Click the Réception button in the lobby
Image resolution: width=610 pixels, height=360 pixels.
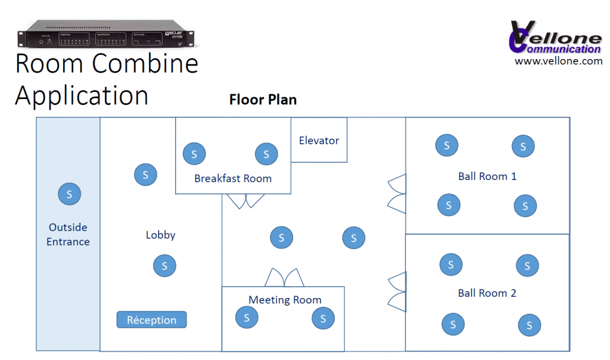pos(151,320)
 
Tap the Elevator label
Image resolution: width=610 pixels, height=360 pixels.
pos(319,141)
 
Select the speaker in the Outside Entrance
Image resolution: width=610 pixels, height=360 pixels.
pos(69,194)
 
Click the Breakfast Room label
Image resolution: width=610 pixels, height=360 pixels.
pos(233,178)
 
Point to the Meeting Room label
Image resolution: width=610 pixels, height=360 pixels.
pos(285,300)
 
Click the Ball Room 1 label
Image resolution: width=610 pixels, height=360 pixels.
pos(487,176)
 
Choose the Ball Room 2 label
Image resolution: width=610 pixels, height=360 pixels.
pos(487,293)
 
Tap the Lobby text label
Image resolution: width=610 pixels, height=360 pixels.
pos(160,235)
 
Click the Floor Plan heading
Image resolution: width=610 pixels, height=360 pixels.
pos(263,100)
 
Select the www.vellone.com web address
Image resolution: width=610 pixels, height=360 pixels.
pos(558,61)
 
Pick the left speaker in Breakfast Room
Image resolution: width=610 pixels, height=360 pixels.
pos(194,154)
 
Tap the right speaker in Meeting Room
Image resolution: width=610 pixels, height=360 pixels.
pos(323,318)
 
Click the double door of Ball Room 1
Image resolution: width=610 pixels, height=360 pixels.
pos(397,193)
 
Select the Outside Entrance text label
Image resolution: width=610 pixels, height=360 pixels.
pos(68,234)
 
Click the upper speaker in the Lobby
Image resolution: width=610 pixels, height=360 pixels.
pos(145,175)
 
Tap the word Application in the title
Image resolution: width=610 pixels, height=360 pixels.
pos(82,95)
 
